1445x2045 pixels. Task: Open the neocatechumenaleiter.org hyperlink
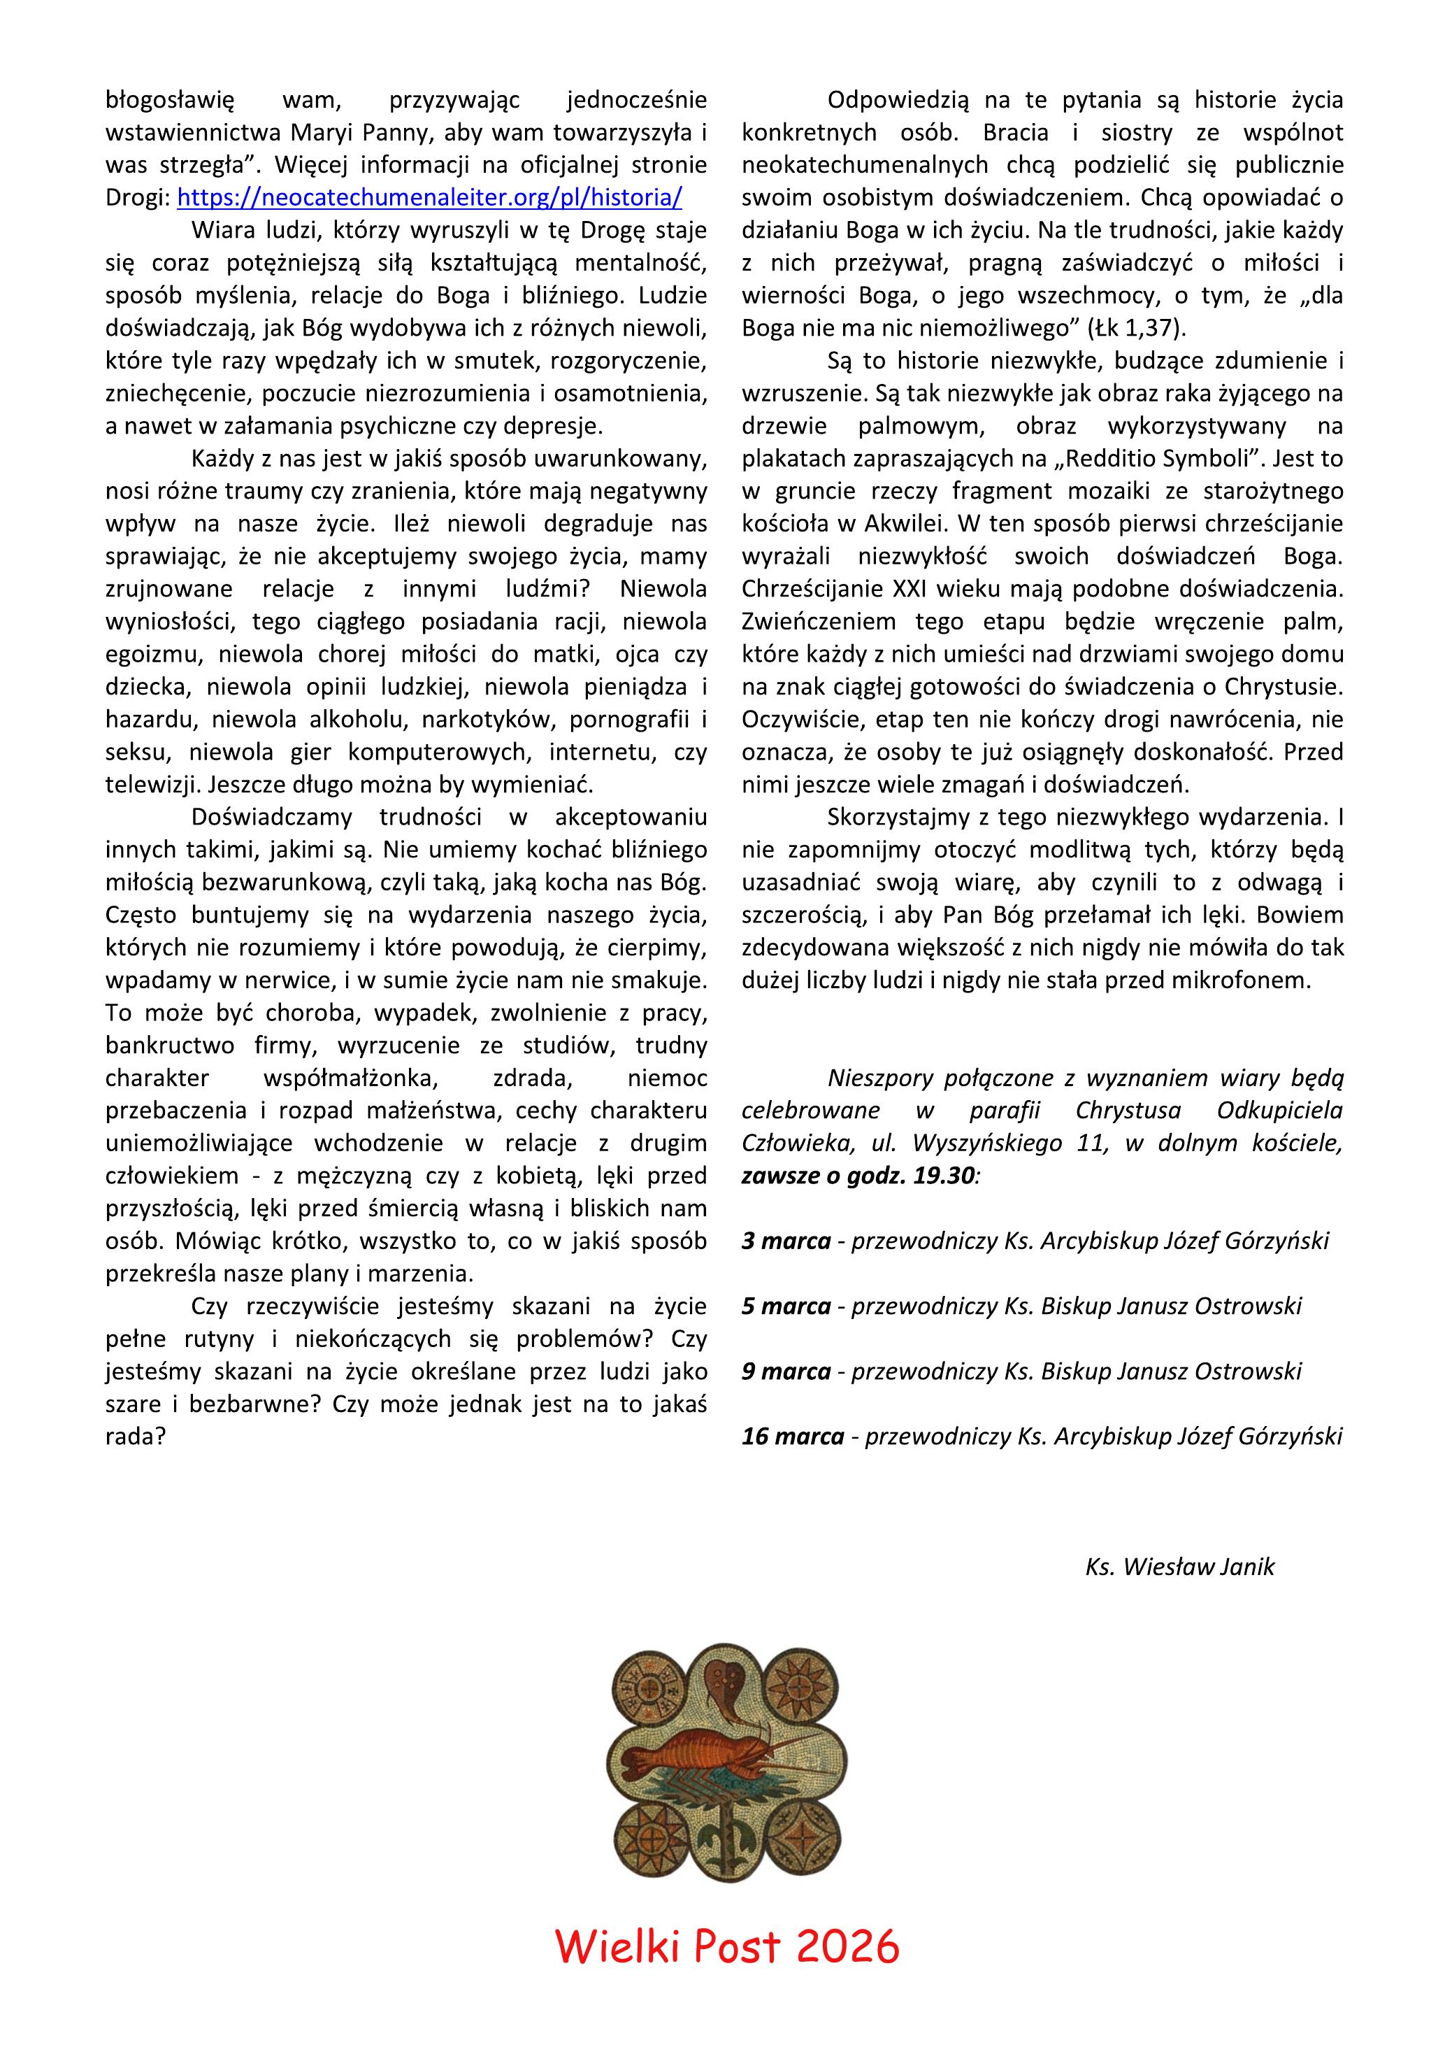[x=430, y=197]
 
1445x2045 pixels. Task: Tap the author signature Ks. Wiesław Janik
[x=1179, y=1566]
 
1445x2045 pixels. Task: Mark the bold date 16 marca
[x=792, y=1436]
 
